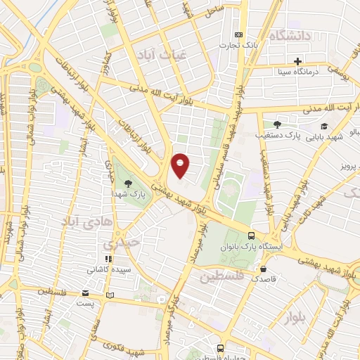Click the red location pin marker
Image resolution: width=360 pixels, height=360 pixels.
coord(181,165)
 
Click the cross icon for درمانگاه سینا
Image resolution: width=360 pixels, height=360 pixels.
coord(298,61)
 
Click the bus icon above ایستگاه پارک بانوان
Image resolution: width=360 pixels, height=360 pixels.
coord(251,236)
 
